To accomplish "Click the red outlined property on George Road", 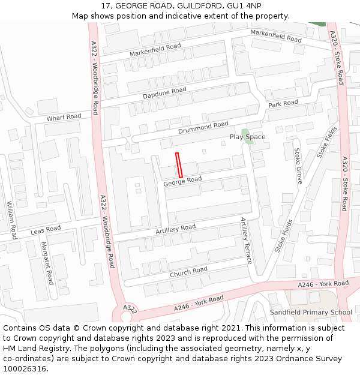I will point(179,165).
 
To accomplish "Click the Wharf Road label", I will point(64,116).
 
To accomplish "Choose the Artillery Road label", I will point(175,229).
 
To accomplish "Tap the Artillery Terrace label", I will point(246,241).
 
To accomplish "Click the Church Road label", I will point(188,272).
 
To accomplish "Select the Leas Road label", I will point(46,230).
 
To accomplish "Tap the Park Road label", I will point(283,104).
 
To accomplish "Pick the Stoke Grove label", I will point(298,166).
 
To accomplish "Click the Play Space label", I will point(247,137).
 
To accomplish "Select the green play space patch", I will point(244,131).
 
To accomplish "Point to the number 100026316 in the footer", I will point(24,368).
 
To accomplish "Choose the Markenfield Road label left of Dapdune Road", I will point(155,50).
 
